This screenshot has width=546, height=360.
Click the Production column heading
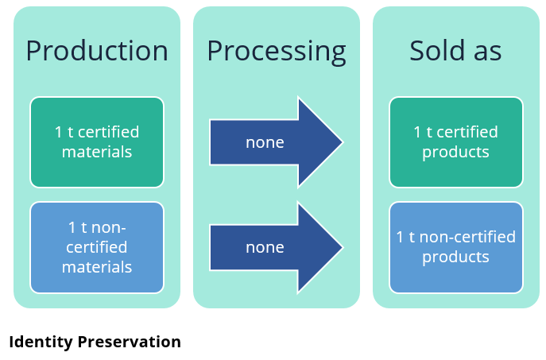tap(97, 51)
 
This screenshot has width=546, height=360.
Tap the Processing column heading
tap(277, 52)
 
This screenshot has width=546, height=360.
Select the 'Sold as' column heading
tap(455, 51)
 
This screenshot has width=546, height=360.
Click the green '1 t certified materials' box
tap(97, 142)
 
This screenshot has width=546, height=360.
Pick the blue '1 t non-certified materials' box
tap(97, 247)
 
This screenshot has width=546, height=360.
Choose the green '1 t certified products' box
tap(456, 142)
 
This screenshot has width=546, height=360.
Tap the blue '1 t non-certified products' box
tap(456, 247)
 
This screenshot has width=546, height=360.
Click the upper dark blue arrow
tap(277, 142)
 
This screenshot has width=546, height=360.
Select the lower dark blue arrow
tap(277, 247)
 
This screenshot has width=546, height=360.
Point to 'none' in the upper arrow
tap(265, 143)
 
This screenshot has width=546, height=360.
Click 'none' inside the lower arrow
tap(265, 248)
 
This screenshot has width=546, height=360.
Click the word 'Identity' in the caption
tap(40, 343)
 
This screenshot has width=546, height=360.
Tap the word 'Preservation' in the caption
tap(130, 342)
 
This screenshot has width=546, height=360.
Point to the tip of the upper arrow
tap(343, 142)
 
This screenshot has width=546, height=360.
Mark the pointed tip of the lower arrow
tap(343, 247)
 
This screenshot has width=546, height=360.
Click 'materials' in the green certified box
tap(97, 152)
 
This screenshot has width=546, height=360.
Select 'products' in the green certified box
tap(456, 153)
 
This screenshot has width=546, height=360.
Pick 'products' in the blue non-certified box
tap(456, 257)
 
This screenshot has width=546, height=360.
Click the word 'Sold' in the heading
tap(437, 51)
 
